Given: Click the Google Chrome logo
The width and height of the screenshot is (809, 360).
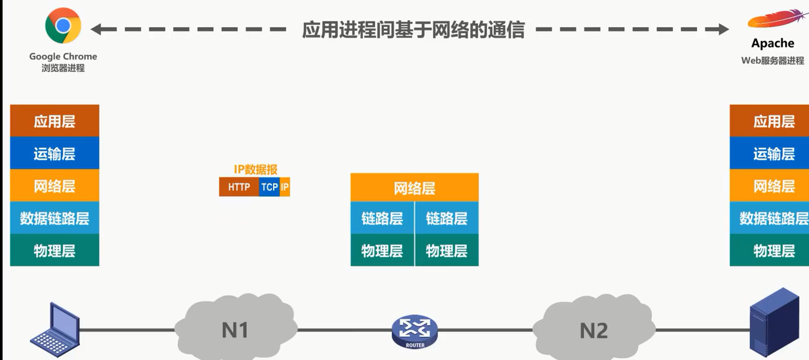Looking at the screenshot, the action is [63, 26].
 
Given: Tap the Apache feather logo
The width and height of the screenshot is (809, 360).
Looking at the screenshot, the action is [777, 19].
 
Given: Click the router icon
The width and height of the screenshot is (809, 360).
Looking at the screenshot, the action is [415, 332].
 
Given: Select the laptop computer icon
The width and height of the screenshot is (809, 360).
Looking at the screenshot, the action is [55, 329].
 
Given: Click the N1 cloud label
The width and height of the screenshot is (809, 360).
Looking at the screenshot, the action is [235, 330].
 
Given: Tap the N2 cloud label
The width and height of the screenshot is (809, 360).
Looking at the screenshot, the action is [594, 330].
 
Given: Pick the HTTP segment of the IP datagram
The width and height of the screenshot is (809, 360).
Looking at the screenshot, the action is [239, 187].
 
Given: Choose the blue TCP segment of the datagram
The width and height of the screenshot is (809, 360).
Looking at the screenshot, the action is [269, 187].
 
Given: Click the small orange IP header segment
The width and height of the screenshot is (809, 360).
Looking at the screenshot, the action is [285, 187].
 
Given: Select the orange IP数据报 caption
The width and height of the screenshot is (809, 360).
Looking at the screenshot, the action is [256, 169].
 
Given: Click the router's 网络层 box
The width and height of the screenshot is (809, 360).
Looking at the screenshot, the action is [415, 187].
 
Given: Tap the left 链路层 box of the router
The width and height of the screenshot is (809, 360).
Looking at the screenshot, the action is [382, 218].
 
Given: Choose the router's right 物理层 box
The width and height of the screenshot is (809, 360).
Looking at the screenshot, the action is [447, 251].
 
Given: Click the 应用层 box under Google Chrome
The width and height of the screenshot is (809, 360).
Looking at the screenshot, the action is [55, 120].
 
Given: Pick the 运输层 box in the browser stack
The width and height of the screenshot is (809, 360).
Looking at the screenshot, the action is [55, 153].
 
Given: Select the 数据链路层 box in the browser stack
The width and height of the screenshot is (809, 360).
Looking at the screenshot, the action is [55, 218].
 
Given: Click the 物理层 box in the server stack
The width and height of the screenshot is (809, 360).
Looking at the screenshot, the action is [769, 251].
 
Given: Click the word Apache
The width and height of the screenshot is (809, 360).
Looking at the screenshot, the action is [772, 43].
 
